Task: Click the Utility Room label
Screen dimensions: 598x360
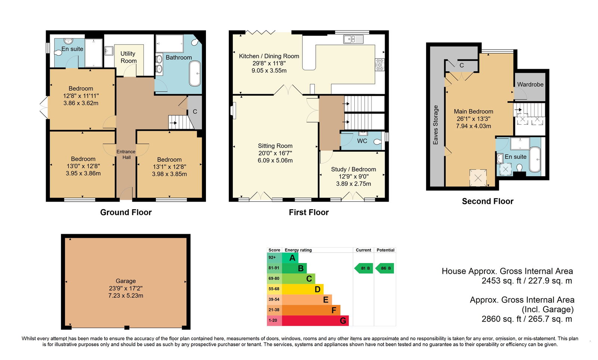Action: [x=129, y=57]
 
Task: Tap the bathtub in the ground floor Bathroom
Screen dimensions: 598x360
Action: [x=195, y=74]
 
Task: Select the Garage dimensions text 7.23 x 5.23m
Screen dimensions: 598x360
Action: [x=126, y=295]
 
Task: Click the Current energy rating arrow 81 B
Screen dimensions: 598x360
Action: [x=363, y=268]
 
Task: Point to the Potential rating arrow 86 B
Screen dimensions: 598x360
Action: [x=385, y=268]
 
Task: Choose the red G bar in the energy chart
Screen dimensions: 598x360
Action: [x=315, y=320]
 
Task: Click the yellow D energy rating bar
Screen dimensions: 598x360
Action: [x=303, y=289]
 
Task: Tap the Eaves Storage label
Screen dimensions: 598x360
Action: [x=435, y=125]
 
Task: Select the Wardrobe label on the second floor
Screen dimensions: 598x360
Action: [x=530, y=84]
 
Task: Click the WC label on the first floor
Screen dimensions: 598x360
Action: [x=362, y=141]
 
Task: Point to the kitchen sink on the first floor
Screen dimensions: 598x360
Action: [x=354, y=39]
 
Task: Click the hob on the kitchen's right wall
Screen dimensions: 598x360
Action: [x=380, y=65]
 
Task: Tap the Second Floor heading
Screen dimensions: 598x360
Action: [x=487, y=201]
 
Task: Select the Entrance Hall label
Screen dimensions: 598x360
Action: [x=126, y=154]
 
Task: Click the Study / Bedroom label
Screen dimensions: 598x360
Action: [x=354, y=169]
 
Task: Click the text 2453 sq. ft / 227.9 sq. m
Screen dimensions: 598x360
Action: [x=527, y=281]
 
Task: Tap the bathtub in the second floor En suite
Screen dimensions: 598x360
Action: [x=535, y=159]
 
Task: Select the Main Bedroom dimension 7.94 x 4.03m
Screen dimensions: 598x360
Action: [x=473, y=126]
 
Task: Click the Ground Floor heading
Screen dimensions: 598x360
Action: [x=126, y=212]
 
